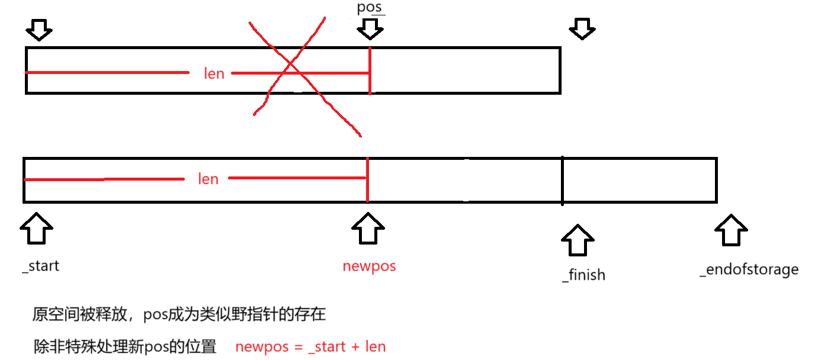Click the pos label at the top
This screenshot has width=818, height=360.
coord(370,8)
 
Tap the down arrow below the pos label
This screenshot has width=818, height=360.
coord(370,28)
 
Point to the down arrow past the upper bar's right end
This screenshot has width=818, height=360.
coord(582,28)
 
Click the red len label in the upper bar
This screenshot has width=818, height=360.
coord(214,73)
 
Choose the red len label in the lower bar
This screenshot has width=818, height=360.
coord(208,179)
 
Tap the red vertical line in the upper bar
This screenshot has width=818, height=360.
coord(370,70)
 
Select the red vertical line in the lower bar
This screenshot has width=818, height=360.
coord(367,179)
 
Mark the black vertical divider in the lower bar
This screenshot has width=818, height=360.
coord(562,180)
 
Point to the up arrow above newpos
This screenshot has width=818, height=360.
coord(368,229)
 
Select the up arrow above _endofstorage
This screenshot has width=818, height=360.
coord(731,230)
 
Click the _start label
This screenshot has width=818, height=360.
coord(41,266)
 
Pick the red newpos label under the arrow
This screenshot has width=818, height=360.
coord(369,266)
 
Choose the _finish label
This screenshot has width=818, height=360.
coord(583,275)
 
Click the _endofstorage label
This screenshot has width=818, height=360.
coord(749,270)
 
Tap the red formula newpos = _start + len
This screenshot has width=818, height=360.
coord(310,347)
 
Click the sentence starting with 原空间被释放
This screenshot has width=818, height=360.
coord(179,314)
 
